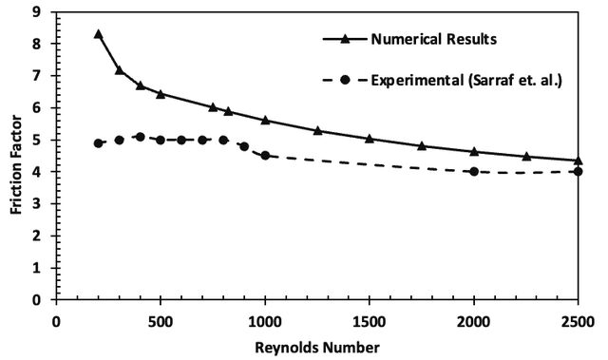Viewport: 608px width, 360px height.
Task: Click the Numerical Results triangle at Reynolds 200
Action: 98,34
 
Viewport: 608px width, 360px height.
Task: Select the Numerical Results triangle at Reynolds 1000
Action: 265,120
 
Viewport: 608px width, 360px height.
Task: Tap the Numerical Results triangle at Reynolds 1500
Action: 370,139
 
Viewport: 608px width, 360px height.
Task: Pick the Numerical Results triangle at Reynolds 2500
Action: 578,161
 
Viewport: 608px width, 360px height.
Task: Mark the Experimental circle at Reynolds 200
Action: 98,143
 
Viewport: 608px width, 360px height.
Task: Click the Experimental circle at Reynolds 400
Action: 141,137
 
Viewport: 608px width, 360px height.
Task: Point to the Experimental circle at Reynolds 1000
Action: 265,156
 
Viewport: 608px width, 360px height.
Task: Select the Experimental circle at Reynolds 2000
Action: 474,172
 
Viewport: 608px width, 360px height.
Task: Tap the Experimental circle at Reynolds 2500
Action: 578,172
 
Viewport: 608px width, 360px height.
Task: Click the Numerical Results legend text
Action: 434,39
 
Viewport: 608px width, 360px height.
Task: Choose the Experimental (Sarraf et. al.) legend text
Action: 466,80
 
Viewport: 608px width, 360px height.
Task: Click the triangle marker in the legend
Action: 345,39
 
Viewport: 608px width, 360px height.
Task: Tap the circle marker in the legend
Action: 345,80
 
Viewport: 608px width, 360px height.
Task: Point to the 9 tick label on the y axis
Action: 36,12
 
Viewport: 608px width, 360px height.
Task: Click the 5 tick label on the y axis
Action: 36,140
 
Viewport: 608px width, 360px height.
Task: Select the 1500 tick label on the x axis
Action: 370,322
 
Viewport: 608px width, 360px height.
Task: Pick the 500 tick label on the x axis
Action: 161,322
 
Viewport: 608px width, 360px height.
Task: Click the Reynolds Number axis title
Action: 317,348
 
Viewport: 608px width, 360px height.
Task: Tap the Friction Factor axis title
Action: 16,164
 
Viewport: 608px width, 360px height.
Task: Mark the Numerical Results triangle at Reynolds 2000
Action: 474,152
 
